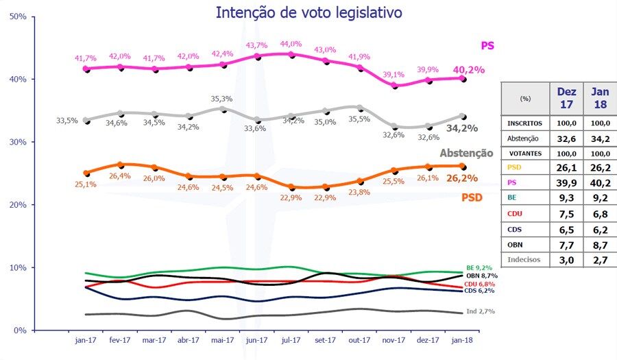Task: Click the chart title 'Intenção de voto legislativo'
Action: [x=308, y=12]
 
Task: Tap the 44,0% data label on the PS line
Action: [x=291, y=44]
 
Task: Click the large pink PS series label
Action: [x=487, y=46]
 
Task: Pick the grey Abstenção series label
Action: [x=466, y=153]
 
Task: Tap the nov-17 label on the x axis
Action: [x=394, y=339]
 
